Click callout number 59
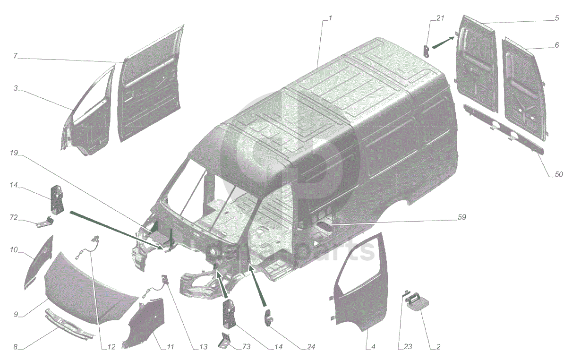click(x=461, y=217)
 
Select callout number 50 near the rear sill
click(x=559, y=174)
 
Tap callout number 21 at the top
click(x=440, y=18)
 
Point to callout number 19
click(x=14, y=153)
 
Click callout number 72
click(x=14, y=217)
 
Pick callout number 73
click(x=247, y=346)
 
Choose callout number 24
click(x=311, y=347)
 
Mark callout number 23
click(x=408, y=346)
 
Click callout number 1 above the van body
click(x=330, y=18)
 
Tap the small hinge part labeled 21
click(x=426, y=51)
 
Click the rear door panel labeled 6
click(x=524, y=89)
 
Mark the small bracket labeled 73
click(x=224, y=341)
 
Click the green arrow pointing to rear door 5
click(x=443, y=43)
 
